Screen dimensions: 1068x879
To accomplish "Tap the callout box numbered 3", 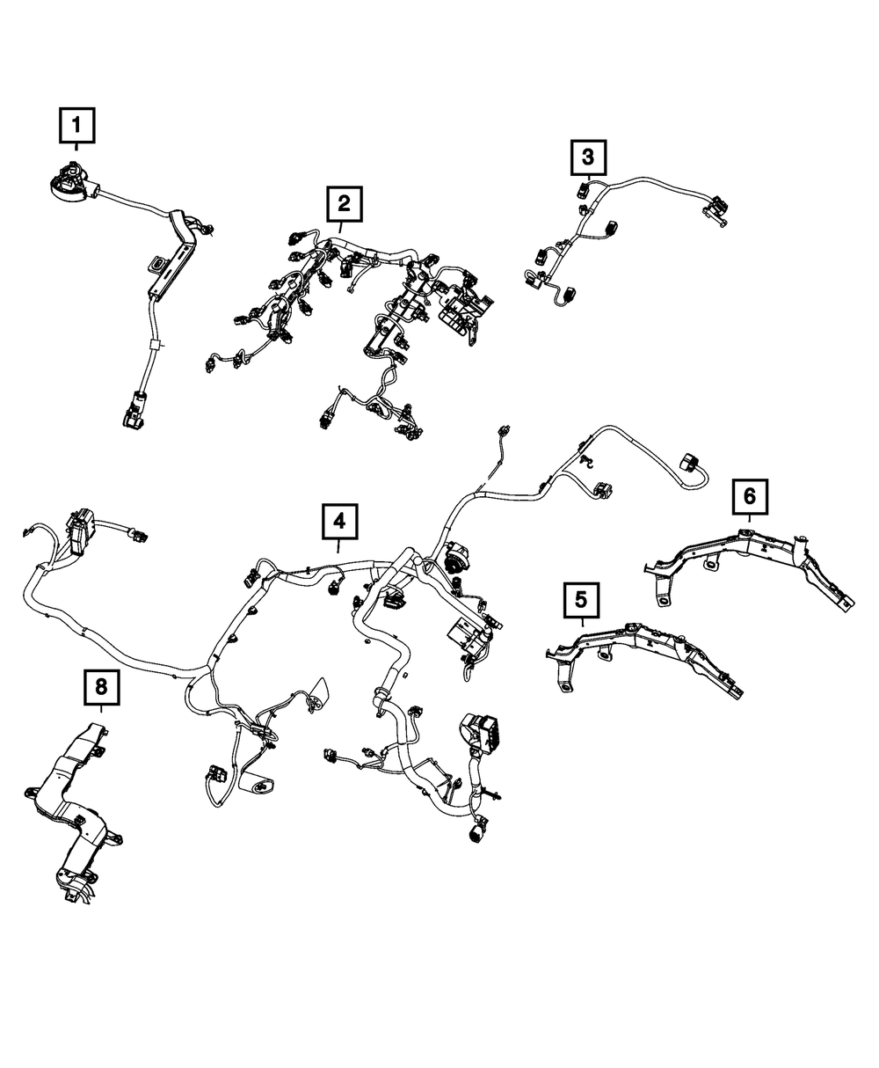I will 588,158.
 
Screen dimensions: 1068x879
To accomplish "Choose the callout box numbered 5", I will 580,601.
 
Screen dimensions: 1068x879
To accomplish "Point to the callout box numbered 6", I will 749,496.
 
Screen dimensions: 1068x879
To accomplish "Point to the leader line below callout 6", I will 749,520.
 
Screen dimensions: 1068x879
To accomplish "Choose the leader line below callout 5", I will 581,622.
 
